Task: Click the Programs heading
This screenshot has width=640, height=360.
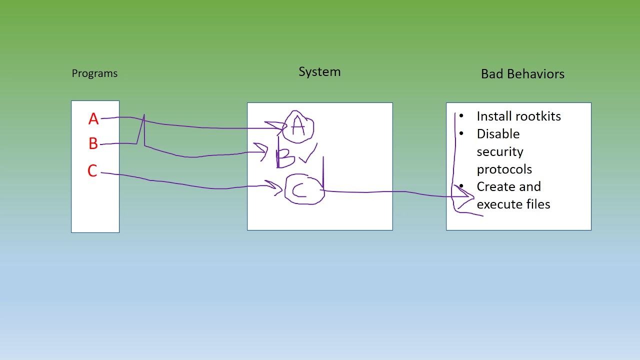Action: coord(94,73)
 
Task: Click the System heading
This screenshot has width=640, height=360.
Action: coord(319,71)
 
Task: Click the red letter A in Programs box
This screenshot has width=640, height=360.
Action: coord(93,119)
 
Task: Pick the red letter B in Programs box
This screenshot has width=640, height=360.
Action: coord(93,144)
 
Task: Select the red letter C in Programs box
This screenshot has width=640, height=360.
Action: coord(92,171)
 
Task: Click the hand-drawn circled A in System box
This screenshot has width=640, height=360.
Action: coord(298,127)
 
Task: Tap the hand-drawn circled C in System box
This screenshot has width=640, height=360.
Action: coord(304,189)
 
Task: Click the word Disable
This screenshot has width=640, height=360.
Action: coord(498,134)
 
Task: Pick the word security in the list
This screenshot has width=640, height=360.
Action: coord(499,151)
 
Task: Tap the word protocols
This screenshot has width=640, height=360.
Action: coord(504,169)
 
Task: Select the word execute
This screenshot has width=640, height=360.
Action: coord(498,204)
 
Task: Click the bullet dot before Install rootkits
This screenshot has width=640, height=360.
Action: coord(461,116)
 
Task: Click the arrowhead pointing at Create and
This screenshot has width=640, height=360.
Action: coord(467,195)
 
